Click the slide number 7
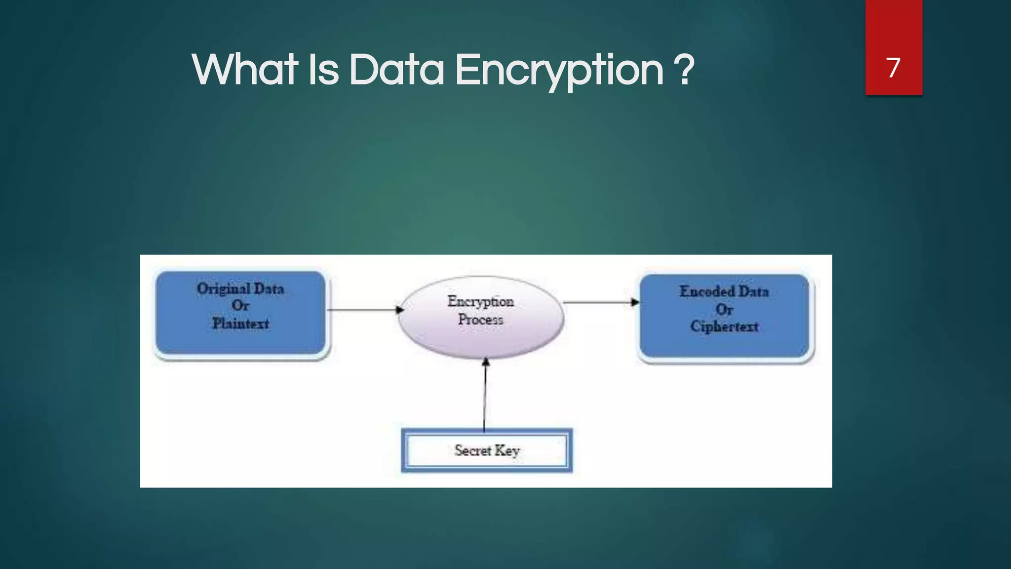tap(893, 68)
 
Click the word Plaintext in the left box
tap(241, 324)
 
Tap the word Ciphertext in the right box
tap(724, 326)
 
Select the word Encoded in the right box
tap(707, 291)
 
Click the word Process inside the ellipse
tap(480, 320)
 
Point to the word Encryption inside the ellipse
tap(480, 301)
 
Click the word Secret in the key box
tap(472, 450)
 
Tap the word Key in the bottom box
tap(507, 450)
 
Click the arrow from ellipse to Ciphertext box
tap(600, 302)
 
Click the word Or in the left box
tap(240, 306)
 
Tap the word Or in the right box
tap(724, 309)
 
